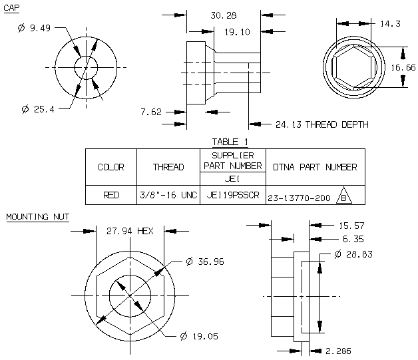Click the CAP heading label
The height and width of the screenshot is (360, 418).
pyautogui.click(x=11, y=8)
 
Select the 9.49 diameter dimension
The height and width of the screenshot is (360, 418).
pyautogui.click(x=34, y=28)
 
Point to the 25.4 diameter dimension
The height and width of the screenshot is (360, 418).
pyautogui.click(x=38, y=109)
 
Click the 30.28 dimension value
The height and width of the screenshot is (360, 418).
pyautogui.click(x=224, y=15)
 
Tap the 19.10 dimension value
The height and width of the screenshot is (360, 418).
pyautogui.click(x=237, y=32)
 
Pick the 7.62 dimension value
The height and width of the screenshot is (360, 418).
pyautogui.click(x=151, y=112)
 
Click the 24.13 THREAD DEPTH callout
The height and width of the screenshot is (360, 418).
pyautogui.click(x=322, y=124)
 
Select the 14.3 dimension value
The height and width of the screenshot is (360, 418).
pyautogui.click(x=390, y=24)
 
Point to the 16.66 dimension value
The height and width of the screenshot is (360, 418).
pyautogui.click(x=403, y=68)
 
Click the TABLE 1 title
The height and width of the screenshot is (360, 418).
pyautogui.click(x=230, y=142)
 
